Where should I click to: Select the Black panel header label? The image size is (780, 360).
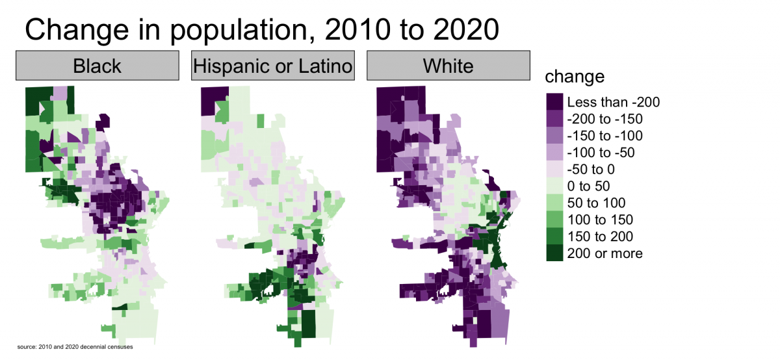(x=97, y=66)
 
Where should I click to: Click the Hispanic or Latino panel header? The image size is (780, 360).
(x=272, y=66)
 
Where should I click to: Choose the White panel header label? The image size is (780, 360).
(x=448, y=66)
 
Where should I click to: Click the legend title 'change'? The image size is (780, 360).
(x=575, y=77)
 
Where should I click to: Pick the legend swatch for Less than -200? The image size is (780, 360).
(x=554, y=101)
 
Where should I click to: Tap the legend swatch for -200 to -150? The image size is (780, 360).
(x=554, y=118)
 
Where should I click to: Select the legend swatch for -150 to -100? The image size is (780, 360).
(x=554, y=135)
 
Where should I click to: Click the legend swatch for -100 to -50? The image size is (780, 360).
(x=554, y=152)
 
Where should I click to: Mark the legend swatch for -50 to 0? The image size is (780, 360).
(x=554, y=169)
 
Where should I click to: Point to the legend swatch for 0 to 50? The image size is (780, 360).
(x=554, y=186)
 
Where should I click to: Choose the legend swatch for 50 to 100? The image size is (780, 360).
(x=554, y=203)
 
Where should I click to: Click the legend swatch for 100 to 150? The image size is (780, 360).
(x=554, y=220)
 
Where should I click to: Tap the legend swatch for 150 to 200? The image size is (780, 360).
(x=554, y=237)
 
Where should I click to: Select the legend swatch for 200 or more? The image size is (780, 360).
(x=554, y=253)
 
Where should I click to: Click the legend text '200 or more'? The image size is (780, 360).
(x=604, y=253)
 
